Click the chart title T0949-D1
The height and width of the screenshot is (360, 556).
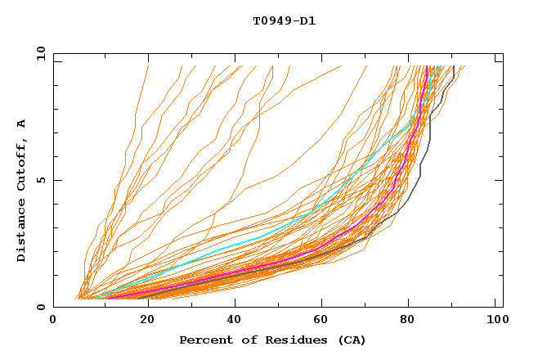point(284,21)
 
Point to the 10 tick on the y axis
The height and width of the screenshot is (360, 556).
point(40,53)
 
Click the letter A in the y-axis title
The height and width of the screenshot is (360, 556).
point(22,124)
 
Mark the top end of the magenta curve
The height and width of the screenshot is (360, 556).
point(427,67)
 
